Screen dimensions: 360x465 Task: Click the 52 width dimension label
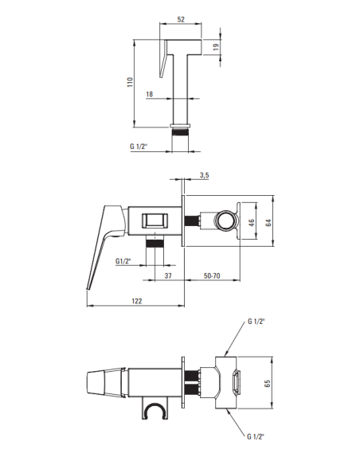[x=181, y=20]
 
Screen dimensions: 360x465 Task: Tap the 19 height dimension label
[x=216, y=47]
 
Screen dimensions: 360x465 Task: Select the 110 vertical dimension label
[x=130, y=82]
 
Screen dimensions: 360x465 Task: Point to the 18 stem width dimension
[x=150, y=94]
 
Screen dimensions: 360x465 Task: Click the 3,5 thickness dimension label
[x=205, y=175]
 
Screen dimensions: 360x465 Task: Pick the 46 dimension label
[x=251, y=222]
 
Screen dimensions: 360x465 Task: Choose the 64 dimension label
[x=268, y=222]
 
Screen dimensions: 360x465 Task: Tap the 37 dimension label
[x=168, y=275]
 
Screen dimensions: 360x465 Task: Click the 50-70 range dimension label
[x=212, y=275]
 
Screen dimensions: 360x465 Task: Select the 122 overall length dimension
[x=137, y=301]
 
